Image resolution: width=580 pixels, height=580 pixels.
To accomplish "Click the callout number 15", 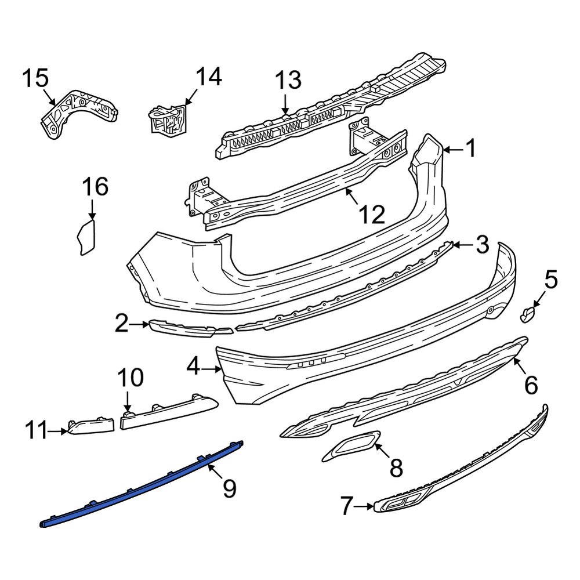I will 35,78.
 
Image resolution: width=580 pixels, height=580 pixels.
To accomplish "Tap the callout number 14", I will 208,77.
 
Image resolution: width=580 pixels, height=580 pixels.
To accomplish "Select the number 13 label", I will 288,79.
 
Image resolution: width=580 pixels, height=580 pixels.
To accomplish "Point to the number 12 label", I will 371,215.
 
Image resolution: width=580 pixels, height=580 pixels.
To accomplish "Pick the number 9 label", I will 229,488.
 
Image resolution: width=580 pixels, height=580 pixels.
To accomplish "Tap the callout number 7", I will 346,507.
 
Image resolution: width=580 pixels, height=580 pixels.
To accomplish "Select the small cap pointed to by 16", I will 85,237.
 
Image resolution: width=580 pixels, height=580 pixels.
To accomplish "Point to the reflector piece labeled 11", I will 90,426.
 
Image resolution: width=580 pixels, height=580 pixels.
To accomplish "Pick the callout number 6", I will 531,385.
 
